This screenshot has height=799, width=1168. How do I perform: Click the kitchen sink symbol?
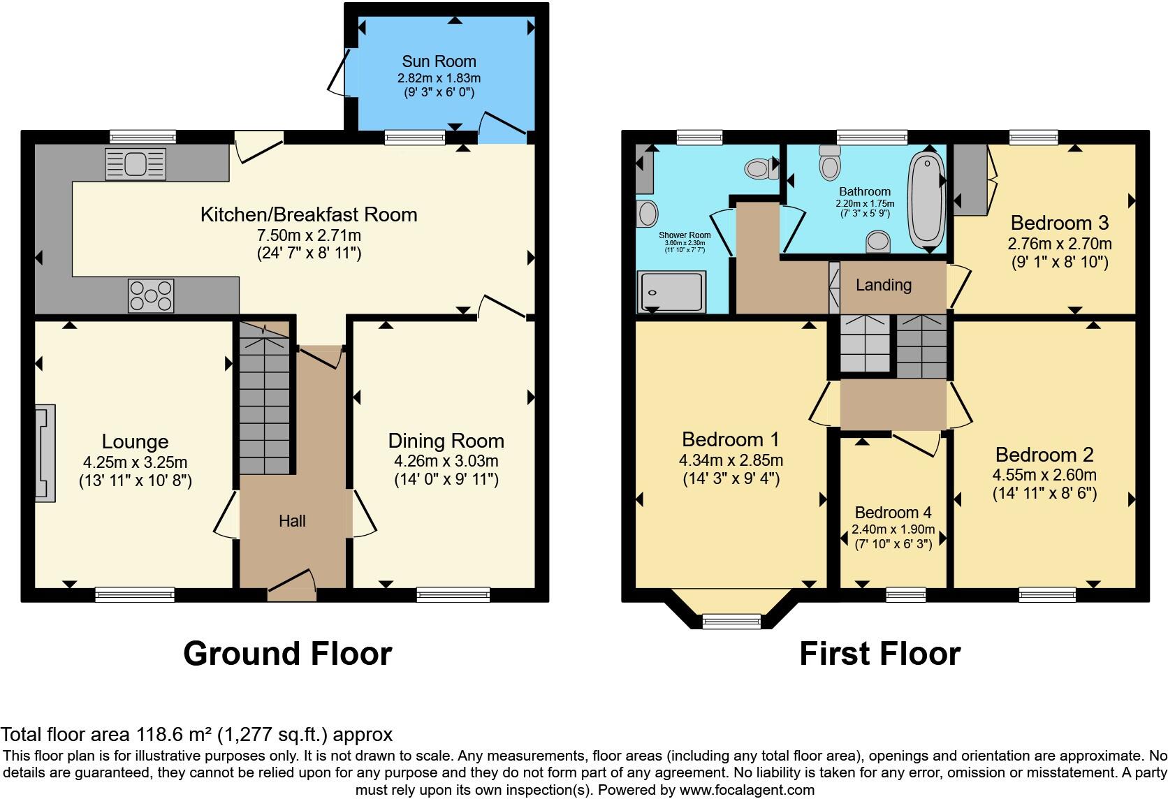[x=136, y=164]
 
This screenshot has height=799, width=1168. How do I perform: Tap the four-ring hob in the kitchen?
[x=151, y=295]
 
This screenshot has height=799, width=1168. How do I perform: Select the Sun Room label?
[x=439, y=61]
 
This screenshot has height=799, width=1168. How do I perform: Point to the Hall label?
[x=292, y=521]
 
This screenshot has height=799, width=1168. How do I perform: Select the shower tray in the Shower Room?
[x=670, y=291]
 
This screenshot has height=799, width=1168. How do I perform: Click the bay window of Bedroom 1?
[x=731, y=620]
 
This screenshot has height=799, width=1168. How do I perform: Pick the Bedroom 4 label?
[x=893, y=513]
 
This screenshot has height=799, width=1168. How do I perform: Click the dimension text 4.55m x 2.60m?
[x=1044, y=476]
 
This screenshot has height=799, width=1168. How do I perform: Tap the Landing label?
[x=883, y=285]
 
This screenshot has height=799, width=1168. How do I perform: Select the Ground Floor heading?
[x=287, y=654]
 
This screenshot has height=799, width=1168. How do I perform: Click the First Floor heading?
[x=879, y=654]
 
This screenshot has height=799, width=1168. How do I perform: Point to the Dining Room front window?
[x=453, y=594]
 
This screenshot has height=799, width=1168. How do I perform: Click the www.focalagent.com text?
[x=746, y=791]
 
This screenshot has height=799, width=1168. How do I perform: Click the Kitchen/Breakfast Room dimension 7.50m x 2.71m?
[x=308, y=235]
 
